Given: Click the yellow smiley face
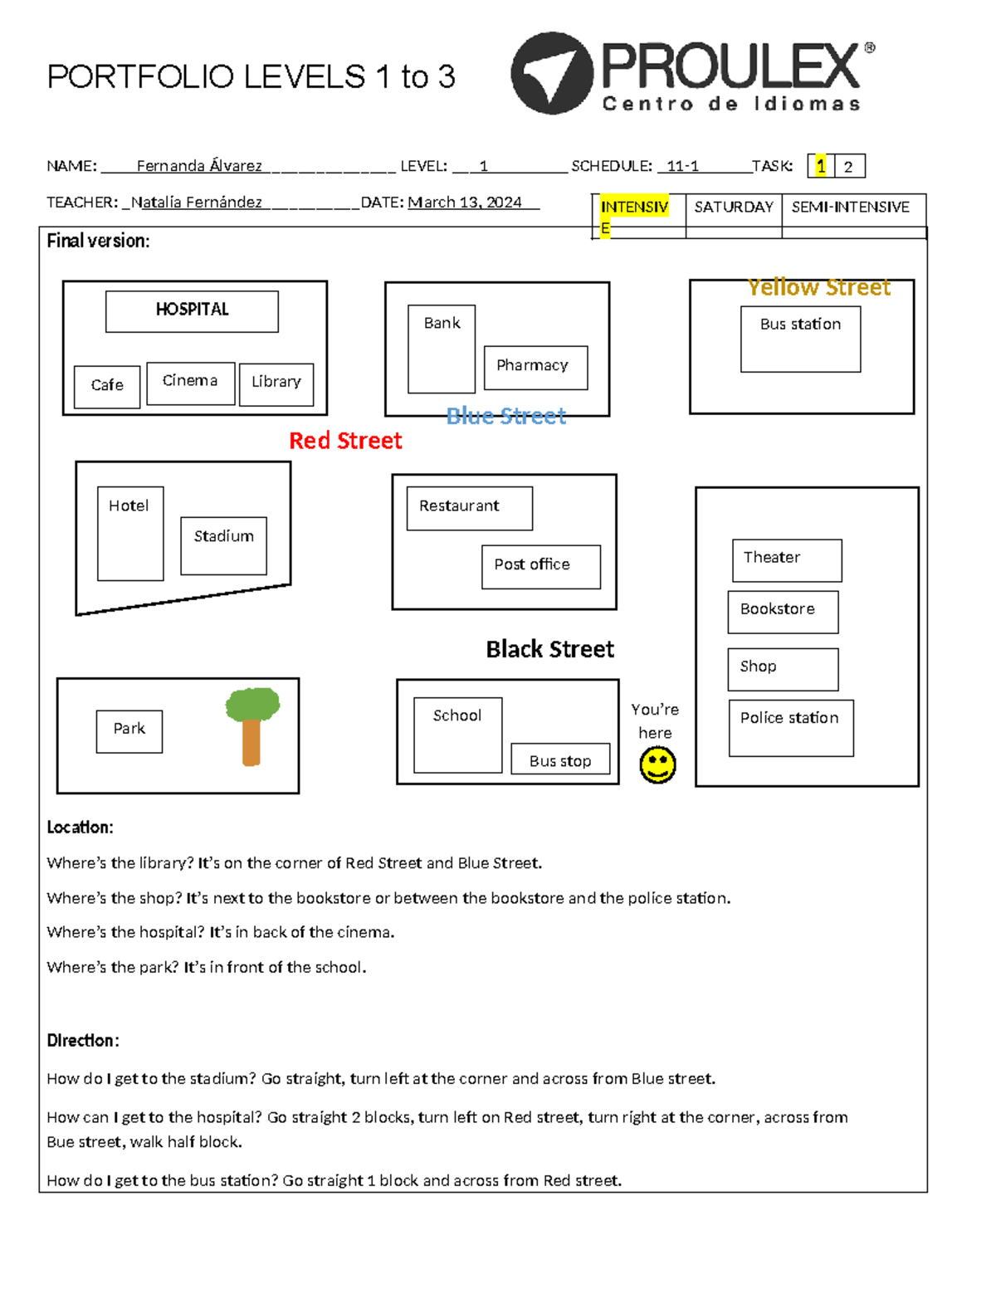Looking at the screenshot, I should (x=657, y=764).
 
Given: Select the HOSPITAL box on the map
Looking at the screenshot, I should (x=192, y=311).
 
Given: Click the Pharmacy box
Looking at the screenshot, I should (x=535, y=367).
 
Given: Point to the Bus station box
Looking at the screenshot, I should (x=800, y=339).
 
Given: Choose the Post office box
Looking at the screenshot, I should (x=540, y=567).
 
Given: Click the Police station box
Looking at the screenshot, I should (x=790, y=728).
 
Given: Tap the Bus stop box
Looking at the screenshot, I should (x=560, y=759).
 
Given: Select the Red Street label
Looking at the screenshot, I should (x=345, y=441).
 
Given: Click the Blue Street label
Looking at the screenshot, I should (x=506, y=416).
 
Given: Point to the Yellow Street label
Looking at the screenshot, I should (x=818, y=287).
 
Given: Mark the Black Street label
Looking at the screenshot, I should (x=549, y=649).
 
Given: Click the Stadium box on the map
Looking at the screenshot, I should (x=223, y=545).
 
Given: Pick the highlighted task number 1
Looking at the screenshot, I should (x=820, y=166).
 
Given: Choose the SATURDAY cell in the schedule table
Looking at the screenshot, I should (x=734, y=208).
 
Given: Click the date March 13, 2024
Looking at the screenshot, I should (x=465, y=203).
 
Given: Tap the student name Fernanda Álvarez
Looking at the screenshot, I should (x=199, y=166).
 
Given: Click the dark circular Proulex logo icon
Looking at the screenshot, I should (x=551, y=73).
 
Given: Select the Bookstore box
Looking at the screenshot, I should (x=783, y=612).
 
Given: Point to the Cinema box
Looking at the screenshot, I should (x=190, y=383).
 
